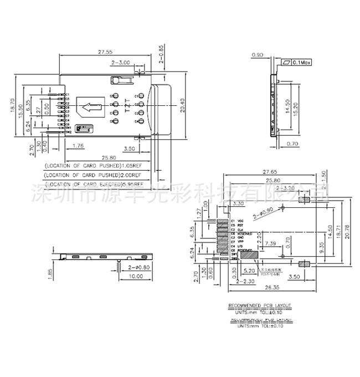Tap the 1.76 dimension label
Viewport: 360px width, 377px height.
[78, 146]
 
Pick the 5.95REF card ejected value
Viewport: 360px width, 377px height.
[130, 184]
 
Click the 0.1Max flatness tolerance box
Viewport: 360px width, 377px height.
[301, 63]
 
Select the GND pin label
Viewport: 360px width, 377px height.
[241, 238]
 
